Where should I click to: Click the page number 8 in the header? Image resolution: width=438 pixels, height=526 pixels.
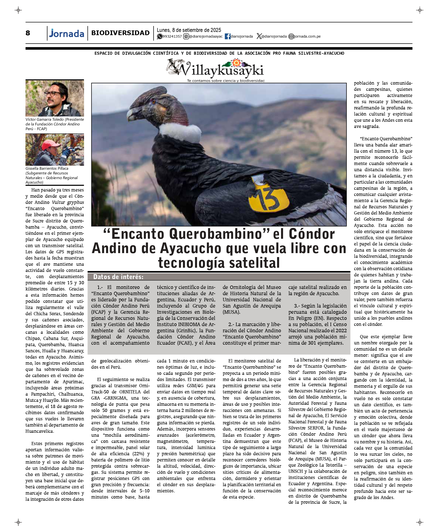(28, 33)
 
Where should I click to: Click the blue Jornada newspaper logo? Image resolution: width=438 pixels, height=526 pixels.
(66, 33)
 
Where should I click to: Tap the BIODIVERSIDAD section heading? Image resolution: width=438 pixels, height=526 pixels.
(120, 33)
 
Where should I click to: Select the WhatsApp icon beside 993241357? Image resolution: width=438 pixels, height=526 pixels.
(159, 37)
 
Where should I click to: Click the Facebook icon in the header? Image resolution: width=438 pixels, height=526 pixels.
(227, 37)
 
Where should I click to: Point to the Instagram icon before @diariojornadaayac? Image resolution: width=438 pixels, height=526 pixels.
(186, 37)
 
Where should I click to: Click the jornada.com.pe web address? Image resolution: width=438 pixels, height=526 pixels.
(307, 37)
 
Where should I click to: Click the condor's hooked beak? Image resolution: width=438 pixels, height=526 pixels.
(131, 114)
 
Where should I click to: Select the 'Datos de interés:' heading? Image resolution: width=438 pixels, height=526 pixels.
(118, 277)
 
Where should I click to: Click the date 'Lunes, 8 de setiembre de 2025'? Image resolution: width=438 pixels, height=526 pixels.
(189, 30)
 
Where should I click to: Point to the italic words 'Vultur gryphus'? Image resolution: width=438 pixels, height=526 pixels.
(68, 202)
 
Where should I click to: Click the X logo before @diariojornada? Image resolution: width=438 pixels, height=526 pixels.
(259, 37)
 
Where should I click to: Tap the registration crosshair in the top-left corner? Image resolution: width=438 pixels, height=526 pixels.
(18, 10)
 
